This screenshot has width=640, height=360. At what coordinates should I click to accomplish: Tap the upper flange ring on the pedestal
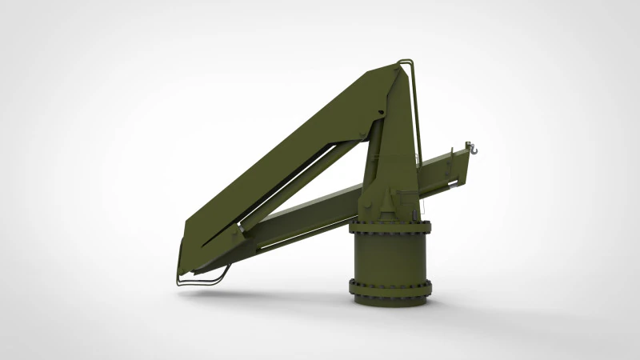click(390, 228)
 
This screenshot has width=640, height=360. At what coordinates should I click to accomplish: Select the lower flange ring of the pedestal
click(390, 286)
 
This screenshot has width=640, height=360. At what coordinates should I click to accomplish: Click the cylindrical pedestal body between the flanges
click(390, 258)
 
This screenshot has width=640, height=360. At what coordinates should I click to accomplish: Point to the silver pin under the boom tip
click(461, 183)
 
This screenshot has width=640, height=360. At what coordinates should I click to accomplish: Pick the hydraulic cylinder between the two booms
click(304, 180)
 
